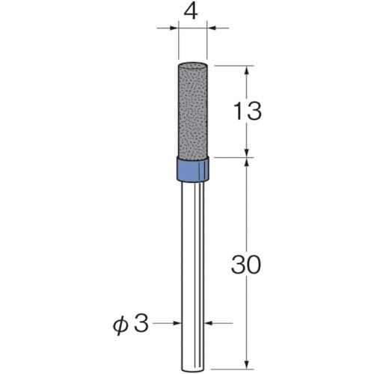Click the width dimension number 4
pos(194,11)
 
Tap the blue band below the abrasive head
pos(193,169)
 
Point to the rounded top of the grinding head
pos(193,64)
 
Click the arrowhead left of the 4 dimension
pos(174,29)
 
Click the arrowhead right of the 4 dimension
pos(212,29)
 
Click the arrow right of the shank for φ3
pos(209,324)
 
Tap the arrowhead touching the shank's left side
pos(177,324)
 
